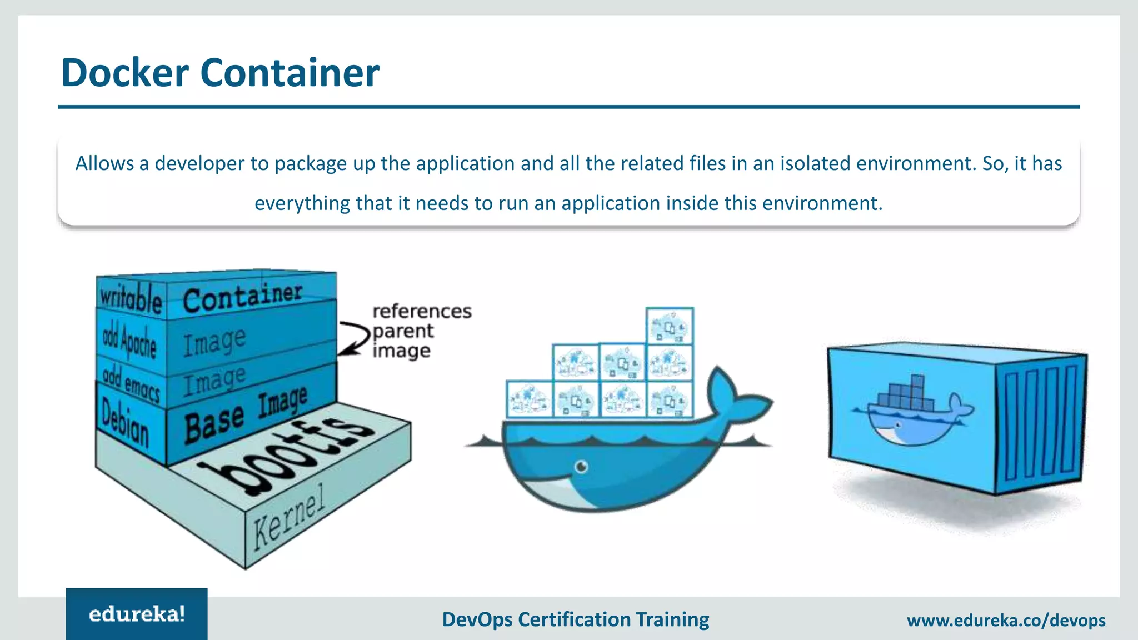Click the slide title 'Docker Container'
220,73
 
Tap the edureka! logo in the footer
137,614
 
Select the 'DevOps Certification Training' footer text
575,619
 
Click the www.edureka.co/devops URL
1006,620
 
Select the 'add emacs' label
131,383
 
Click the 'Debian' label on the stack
126,423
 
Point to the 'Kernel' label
288,517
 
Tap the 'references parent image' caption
421,331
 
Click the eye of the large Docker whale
581,466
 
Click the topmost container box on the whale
670,326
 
